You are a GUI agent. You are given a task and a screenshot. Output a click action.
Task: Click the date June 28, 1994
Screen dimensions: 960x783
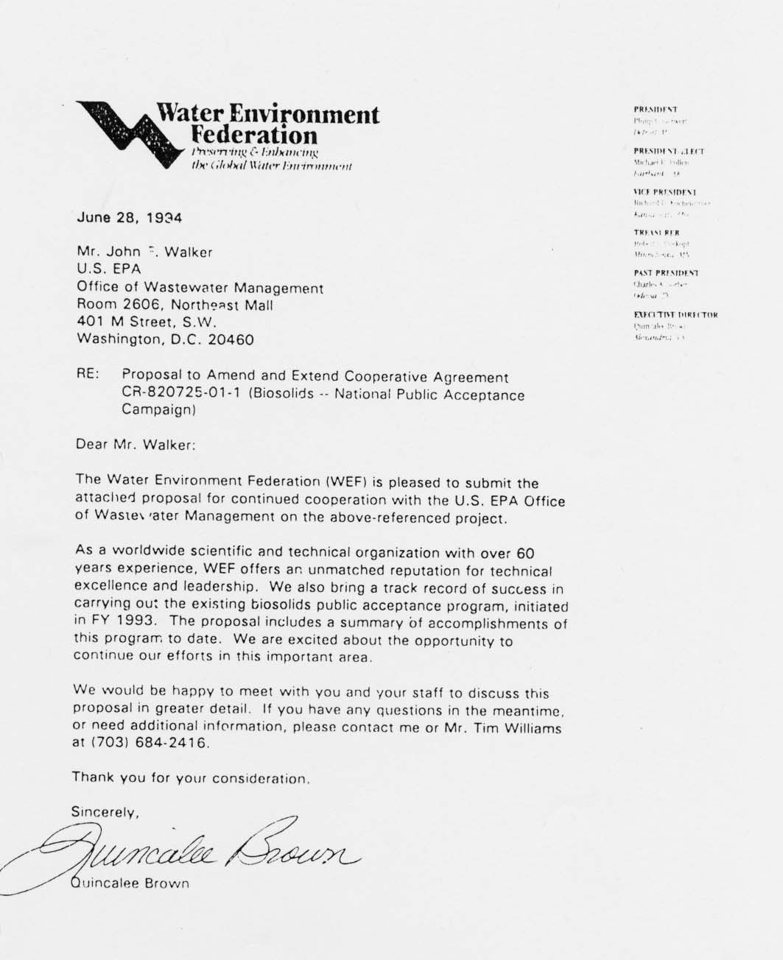(x=129, y=218)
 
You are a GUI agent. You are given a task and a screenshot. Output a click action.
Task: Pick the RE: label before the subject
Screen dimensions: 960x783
(x=88, y=375)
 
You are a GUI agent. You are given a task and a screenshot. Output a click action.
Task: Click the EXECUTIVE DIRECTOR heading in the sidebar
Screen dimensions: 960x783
(x=675, y=314)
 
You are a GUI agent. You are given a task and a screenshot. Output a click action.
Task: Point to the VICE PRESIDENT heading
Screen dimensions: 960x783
(x=664, y=191)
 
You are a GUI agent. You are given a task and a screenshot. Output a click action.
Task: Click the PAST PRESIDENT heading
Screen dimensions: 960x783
(x=660, y=273)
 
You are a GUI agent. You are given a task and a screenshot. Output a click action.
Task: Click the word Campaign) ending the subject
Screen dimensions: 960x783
(x=158, y=412)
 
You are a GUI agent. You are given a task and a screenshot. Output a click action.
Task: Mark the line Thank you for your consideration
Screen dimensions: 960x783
(x=191, y=778)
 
